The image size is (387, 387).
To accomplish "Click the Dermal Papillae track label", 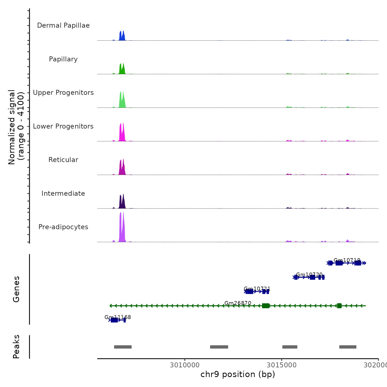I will pos(63,25).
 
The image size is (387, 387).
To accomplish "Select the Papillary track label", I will pos(63,59).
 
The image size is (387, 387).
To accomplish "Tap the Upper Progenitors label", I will pos(63,93).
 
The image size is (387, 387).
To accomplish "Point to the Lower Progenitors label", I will pos(63,126).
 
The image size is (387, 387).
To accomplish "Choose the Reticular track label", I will pos(63,160).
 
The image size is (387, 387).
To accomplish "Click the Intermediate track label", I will pos(63,193).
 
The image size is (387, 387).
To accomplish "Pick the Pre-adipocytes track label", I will pos(63,227).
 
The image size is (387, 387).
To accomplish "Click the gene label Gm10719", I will pos(347,260).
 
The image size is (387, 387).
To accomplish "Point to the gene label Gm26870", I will pos(238,303).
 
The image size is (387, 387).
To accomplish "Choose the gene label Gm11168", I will pos(118,317).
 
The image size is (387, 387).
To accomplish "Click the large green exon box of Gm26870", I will pos(265,306).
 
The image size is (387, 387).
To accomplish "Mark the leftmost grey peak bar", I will pos(123,347).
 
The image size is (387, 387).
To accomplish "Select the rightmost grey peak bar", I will pos(348,347).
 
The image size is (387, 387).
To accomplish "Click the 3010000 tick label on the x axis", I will pos(185,365).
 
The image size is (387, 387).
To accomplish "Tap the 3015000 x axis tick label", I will pos(281,365).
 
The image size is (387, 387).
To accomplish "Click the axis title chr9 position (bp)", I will pos(238,374).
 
